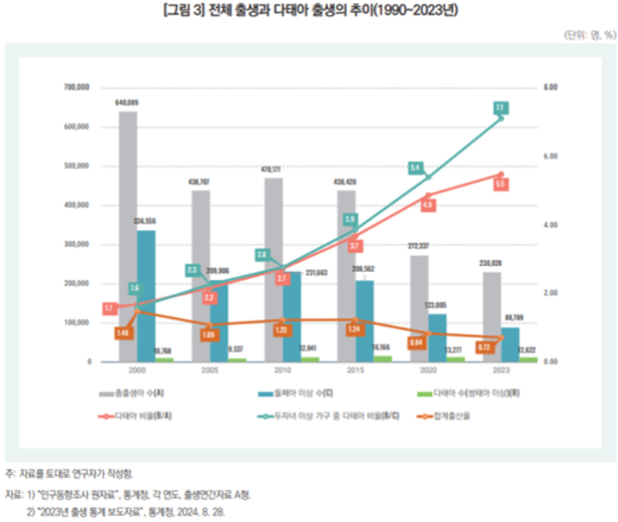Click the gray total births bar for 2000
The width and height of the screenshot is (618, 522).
click(127, 235)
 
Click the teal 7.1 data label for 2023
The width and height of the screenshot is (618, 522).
click(500, 107)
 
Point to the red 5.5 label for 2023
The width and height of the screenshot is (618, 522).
click(500, 185)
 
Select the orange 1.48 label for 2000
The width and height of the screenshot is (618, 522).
click(122, 332)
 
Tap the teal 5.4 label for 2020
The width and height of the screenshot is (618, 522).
click(415, 167)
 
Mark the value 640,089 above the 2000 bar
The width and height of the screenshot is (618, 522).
click(127, 103)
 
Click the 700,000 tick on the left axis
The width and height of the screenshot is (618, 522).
click(77, 88)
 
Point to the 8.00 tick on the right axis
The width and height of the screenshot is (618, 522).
click(550, 88)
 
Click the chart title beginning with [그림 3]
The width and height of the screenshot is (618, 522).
click(310, 10)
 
